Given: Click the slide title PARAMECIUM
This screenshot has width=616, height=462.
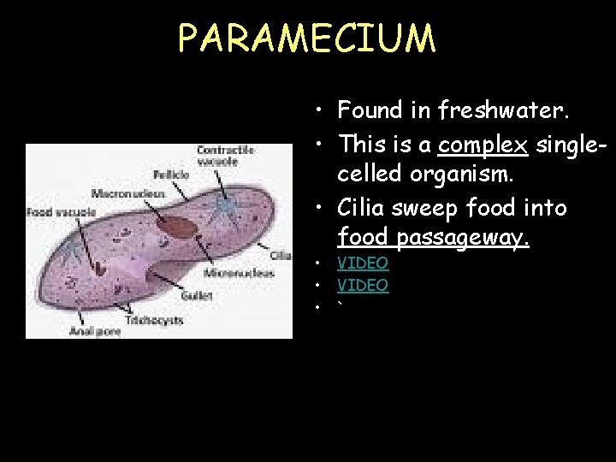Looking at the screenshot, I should pos(307,38).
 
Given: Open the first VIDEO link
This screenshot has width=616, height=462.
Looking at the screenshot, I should pos(363,264).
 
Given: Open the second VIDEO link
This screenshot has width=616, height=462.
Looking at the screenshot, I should pos(363,285).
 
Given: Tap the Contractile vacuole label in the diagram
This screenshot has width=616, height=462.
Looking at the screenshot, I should pos(226,155).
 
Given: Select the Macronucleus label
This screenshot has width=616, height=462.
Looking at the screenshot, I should pos(128,193).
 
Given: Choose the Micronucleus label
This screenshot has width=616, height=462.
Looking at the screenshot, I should pos(240,273).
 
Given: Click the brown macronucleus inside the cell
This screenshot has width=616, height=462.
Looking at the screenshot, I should pos(180,228).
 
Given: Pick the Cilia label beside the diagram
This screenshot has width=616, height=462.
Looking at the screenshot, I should pos(281,255).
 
